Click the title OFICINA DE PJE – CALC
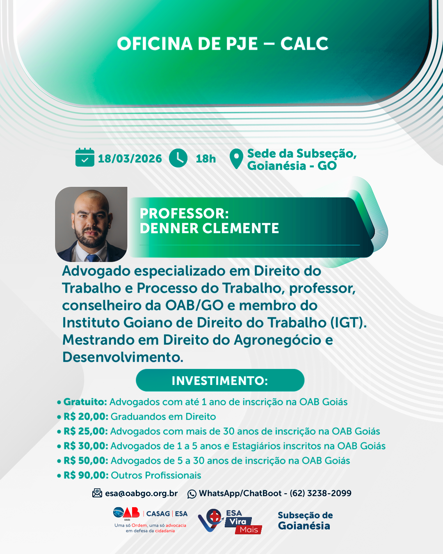coord(223,43)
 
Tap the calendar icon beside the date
coord(84,157)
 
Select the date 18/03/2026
coord(130,158)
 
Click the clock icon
coord(178,158)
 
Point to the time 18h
coord(206,158)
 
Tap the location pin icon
coord(236,158)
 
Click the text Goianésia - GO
coord(292,165)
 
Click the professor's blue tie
coord(92,258)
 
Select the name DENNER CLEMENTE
coord(209,228)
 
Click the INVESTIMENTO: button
coord(220,380)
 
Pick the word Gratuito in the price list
coord(85,402)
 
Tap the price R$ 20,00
coord(86,417)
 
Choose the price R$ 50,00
coord(86,460)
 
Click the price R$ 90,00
coord(86,475)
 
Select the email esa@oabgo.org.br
coord(142,493)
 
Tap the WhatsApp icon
coord(192,494)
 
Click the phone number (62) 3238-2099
coord(320,493)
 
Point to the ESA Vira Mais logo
coord(230,522)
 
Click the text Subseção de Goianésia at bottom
coord(305,520)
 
